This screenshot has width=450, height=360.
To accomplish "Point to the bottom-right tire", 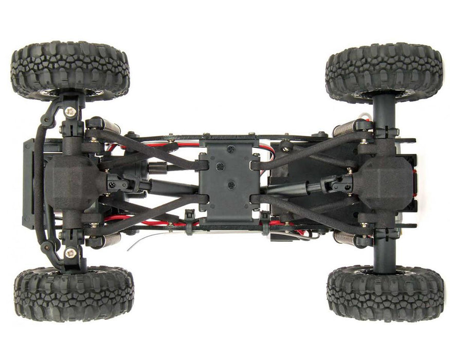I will [385, 293].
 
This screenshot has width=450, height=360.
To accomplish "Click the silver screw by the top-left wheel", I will [70, 112].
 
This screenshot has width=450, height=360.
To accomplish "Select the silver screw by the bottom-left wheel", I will [70, 253].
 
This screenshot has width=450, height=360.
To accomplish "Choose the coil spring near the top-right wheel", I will [344, 128].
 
